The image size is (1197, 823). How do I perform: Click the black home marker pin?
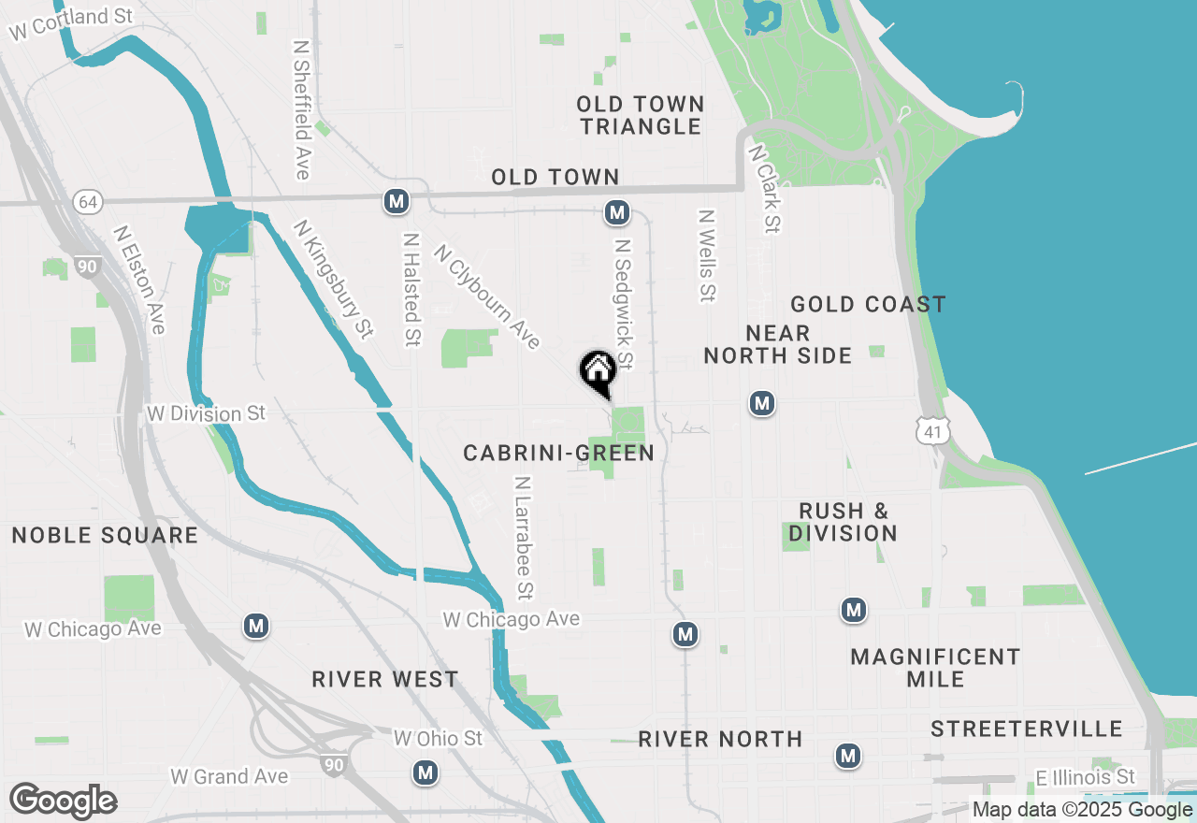pyautogui.click(x=598, y=372)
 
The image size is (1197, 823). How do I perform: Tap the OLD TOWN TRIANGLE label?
pyautogui.click(x=641, y=115)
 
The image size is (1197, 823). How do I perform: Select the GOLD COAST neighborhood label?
pyautogui.click(x=868, y=304)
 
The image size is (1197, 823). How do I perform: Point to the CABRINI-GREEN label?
pyautogui.click(x=558, y=454)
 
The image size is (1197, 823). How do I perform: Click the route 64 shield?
pyautogui.click(x=88, y=202)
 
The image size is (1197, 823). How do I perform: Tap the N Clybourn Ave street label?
pyautogui.click(x=487, y=296)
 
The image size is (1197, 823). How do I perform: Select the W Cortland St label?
pyautogui.click(x=71, y=23)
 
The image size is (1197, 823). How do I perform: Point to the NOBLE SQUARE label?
pyautogui.click(x=105, y=535)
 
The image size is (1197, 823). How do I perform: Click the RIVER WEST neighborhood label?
pyautogui.click(x=385, y=679)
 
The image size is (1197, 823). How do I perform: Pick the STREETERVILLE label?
pyautogui.click(x=1026, y=729)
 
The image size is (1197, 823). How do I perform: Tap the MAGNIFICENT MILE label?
pyautogui.click(x=935, y=668)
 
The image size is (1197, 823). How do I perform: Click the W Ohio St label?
pyautogui.click(x=438, y=739)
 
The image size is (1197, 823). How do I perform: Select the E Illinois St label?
pyautogui.click(x=1085, y=777)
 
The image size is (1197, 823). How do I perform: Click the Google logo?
pyautogui.click(x=64, y=801)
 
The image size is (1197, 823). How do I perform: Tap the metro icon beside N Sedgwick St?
pyautogui.click(x=616, y=213)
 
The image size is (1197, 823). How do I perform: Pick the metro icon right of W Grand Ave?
pyautogui.click(x=426, y=772)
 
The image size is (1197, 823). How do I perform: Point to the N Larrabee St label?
pyautogui.click(x=523, y=537)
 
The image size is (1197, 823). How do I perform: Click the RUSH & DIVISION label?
pyautogui.click(x=843, y=522)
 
